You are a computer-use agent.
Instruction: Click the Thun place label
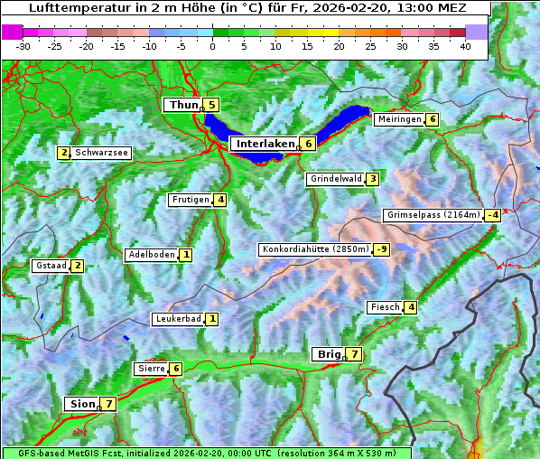[182, 106]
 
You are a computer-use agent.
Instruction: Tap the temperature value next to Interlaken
[308, 144]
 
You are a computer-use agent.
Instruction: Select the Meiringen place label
[399, 119]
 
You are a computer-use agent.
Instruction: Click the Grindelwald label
[336, 179]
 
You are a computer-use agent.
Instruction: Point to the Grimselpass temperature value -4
[492, 215]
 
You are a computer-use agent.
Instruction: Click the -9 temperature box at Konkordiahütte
[382, 249]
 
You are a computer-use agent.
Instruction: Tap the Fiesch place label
[385, 307]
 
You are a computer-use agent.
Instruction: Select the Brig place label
[328, 354]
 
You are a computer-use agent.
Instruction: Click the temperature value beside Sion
[109, 404]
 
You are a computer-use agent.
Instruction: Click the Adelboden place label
[151, 255]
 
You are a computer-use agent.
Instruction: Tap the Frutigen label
[191, 200]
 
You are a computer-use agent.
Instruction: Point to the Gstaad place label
[50, 266]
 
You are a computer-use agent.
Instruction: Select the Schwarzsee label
[102, 153]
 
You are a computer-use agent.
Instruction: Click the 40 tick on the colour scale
[465, 45]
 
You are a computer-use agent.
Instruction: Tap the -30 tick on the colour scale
[23, 45]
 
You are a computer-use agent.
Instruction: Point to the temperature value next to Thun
[212, 106]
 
